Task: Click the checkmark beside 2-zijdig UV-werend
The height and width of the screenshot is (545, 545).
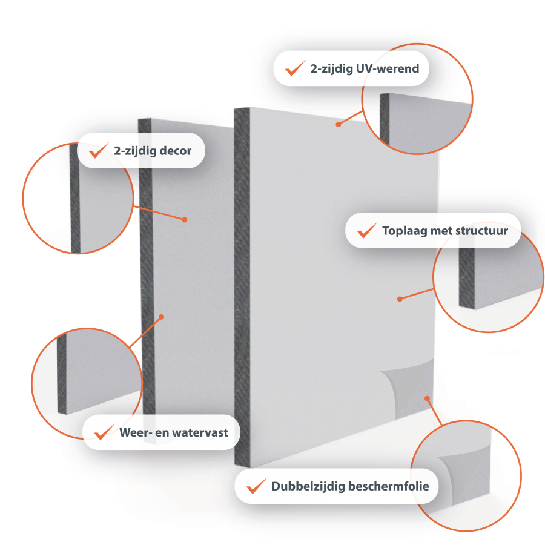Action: coord(295,68)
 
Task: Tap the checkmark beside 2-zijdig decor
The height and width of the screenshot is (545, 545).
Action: coord(99,150)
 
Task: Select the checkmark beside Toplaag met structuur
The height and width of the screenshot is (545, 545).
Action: coord(367,230)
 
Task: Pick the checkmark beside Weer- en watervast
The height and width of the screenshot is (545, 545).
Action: coord(104,432)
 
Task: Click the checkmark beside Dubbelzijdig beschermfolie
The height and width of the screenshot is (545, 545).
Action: coord(257,486)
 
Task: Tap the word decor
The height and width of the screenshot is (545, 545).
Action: coord(176,151)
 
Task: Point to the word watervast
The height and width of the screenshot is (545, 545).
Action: coord(200,432)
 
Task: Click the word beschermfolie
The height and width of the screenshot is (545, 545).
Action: coord(389,486)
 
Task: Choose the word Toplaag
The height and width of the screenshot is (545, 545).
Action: coord(405,231)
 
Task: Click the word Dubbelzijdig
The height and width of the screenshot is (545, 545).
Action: coord(308,486)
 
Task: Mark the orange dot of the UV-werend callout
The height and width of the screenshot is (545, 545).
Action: coord(338,124)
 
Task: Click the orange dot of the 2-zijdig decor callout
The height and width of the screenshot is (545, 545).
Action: coord(185,220)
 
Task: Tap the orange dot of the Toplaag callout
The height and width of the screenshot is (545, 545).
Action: coord(400,299)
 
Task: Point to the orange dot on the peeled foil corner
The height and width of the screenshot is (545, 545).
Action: coord(427,398)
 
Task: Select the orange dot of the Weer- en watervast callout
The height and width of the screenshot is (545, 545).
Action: coord(161,317)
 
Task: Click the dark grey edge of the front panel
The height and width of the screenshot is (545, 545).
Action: coord(242,287)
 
